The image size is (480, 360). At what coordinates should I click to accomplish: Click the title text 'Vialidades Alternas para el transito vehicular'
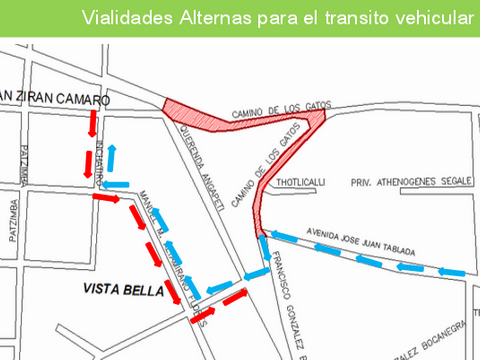pos(276,17)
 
